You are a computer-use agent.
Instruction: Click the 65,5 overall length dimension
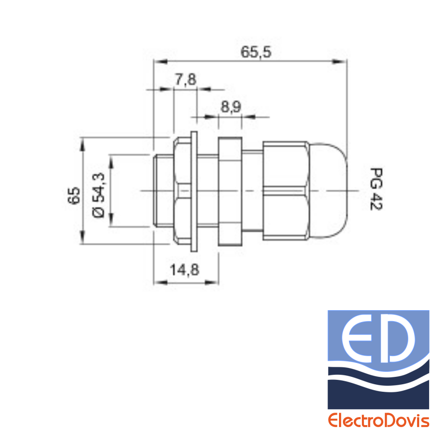(256, 52)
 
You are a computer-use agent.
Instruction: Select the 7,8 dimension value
(186, 79)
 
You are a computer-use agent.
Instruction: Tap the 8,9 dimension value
(231, 107)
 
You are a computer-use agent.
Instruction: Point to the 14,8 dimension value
(185, 269)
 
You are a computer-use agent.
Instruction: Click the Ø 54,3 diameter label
(99, 195)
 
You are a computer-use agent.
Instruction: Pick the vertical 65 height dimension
(74, 196)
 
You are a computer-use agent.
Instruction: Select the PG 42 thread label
(376, 189)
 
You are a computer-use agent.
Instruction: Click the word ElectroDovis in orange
(379, 421)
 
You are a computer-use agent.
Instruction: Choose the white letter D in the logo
(397, 338)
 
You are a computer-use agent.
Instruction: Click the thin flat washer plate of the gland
(194, 192)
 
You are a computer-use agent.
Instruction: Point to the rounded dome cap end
(328, 190)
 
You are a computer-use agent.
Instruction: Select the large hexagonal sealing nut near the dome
(285, 190)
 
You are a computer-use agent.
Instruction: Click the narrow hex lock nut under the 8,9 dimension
(230, 192)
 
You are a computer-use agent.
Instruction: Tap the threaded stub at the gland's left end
(163, 191)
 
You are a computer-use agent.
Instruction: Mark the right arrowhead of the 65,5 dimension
(339, 61)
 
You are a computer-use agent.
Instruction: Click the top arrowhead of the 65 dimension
(83, 144)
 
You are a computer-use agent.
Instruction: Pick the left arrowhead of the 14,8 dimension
(160, 283)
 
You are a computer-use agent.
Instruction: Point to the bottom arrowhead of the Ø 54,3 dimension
(112, 220)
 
